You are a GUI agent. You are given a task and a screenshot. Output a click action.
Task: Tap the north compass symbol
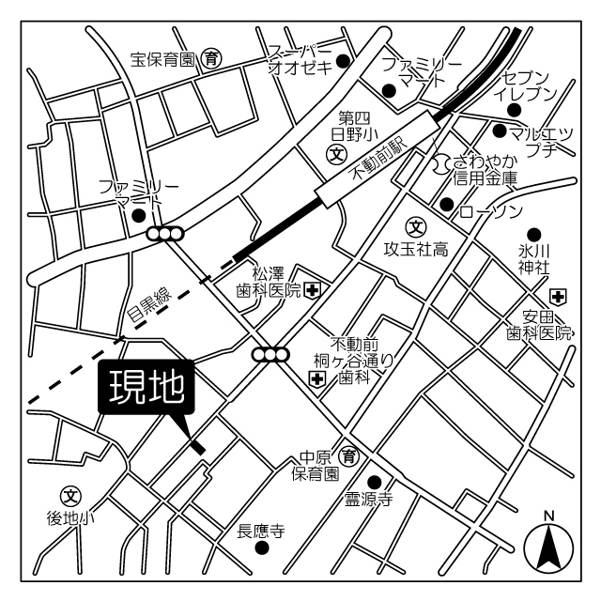click(548, 546)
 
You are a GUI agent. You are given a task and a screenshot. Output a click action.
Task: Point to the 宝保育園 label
click(162, 59)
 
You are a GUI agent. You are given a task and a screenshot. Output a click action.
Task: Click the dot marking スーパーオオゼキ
click(344, 62)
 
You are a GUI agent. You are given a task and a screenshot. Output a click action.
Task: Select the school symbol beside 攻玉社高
click(415, 225)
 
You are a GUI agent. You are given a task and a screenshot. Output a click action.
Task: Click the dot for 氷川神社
click(533, 233)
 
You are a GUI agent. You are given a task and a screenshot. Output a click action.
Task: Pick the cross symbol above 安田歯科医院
click(558, 298)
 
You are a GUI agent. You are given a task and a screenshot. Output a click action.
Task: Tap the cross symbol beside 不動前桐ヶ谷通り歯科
click(317, 379)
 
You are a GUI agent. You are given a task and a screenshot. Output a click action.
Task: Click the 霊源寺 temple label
click(367, 501)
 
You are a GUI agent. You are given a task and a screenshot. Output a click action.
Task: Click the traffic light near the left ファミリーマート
click(166, 234)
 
